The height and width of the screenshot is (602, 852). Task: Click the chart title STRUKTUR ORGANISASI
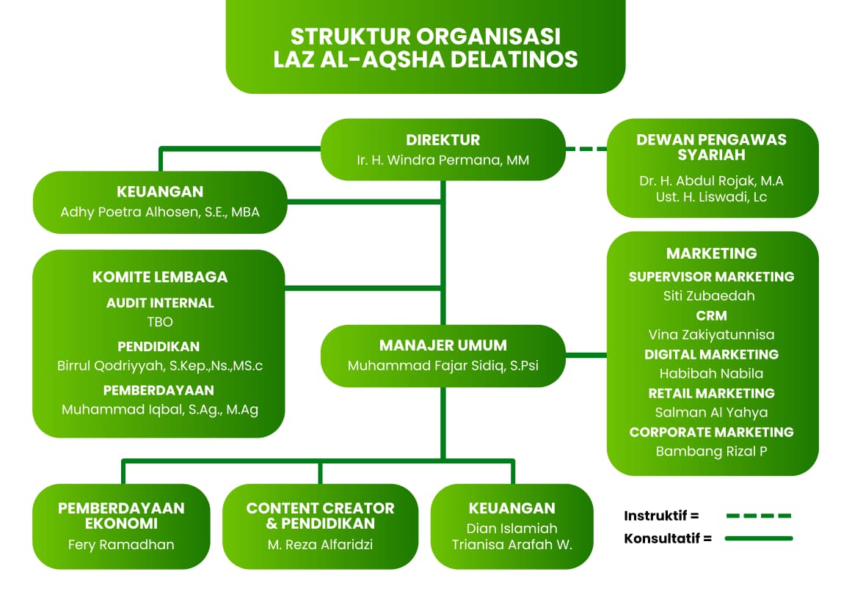pyautogui.click(x=426, y=36)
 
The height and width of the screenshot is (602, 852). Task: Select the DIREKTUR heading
pyautogui.click(x=443, y=140)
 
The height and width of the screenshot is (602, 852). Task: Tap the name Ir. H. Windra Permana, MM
pyautogui.click(x=443, y=160)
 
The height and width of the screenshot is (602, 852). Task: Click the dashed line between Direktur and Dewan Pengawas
pyautogui.click(x=586, y=149)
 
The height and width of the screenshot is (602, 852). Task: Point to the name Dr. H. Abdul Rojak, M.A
pyautogui.click(x=712, y=180)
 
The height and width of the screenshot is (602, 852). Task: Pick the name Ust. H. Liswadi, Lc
pyautogui.click(x=712, y=197)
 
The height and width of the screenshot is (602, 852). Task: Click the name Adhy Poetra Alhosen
pyautogui.click(x=160, y=213)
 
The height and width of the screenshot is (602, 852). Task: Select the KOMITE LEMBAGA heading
pyautogui.click(x=160, y=277)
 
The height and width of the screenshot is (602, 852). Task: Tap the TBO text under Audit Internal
pyautogui.click(x=160, y=321)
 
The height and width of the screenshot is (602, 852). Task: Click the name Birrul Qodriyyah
pyautogui.click(x=160, y=366)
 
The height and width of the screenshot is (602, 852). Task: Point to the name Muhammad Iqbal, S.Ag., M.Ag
pyautogui.click(x=160, y=410)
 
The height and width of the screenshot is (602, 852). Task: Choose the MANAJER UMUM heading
pyautogui.click(x=443, y=345)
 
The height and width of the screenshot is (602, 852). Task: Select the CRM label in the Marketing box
pyautogui.click(x=711, y=316)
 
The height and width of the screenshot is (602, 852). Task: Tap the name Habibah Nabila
pyautogui.click(x=711, y=373)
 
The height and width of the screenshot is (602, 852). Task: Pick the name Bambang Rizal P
pyautogui.click(x=711, y=451)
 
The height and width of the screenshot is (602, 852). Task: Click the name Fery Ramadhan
pyautogui.click(x=121, y=545)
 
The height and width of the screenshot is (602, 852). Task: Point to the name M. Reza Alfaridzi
pyautogui.click(x=320, y=545)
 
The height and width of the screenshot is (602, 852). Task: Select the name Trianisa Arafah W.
pyautogui.click(x=511, y=545)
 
